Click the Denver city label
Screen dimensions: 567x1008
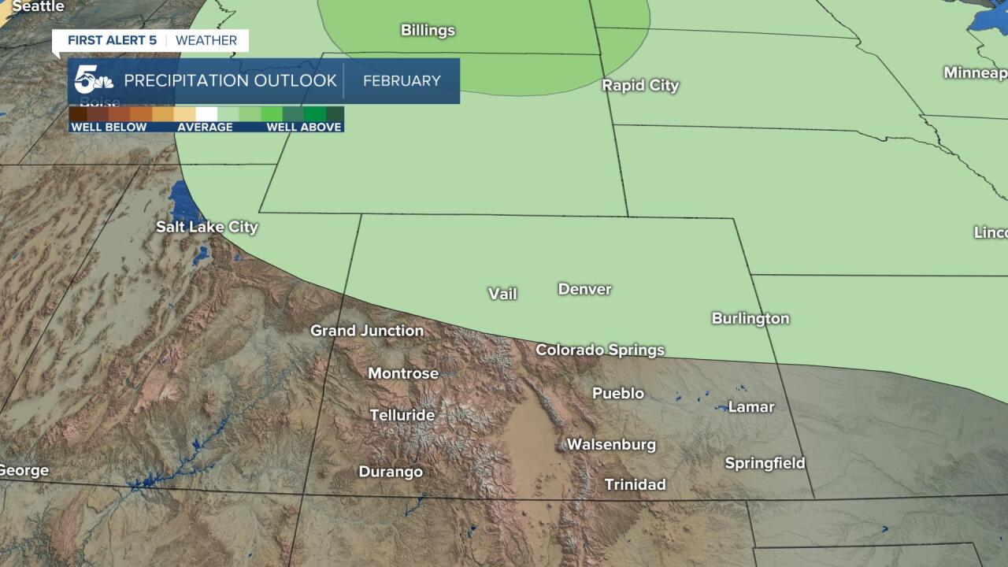(x=584, y=290)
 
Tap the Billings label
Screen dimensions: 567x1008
(x=428, y=31)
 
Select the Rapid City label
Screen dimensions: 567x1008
(x=640, y=86)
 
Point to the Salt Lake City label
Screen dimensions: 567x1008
(x=207, y=228)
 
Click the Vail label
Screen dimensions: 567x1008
(x=502, y=295)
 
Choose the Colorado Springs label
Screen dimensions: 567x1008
(x=600, y=350)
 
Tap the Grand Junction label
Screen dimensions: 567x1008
(x=367, y=331)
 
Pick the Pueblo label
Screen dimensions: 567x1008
(x=618, y=393)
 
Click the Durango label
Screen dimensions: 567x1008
(x=391, y=472)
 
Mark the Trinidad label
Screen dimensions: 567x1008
(x=635, y=484)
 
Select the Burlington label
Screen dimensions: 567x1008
(x=750, y=319)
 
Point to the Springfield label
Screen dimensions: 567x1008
(x=765, y=464)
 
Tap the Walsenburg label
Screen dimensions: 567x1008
(x=611, y=445)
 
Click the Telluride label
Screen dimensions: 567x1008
(x=402, y=415)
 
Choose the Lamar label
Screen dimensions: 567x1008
(x=750, y=407)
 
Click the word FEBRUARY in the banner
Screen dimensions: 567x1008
(x=402, y=81)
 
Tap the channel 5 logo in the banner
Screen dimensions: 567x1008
(x=93, y=80)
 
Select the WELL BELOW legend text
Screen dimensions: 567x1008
(x=109, y=128)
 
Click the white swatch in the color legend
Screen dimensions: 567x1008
(x=206, y=114)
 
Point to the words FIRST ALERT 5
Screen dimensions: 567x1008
(x=112, y=41)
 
